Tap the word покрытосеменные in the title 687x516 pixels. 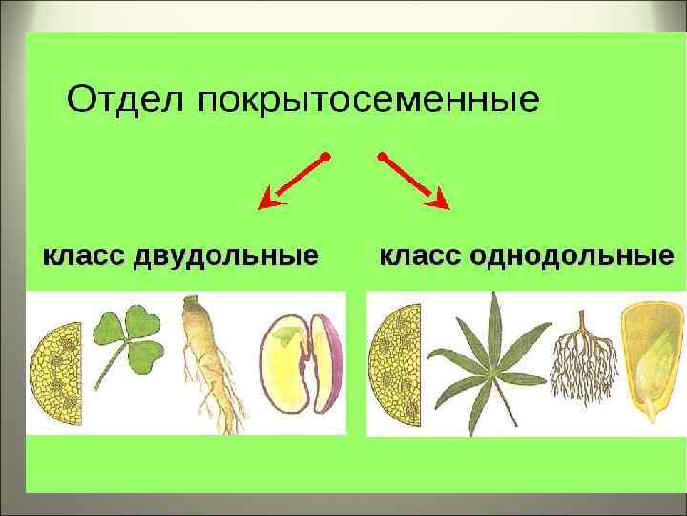click(x=369, y=101)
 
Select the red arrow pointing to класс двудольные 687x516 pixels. click(x=294, y=181)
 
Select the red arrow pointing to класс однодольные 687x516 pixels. click(x=413, y=182)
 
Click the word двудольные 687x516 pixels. click(x=225, y=256)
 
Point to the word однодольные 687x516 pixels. click(x=572, y=256)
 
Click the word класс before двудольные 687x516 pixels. click(x=84, y=257)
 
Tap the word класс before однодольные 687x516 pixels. click(x=421, y=257)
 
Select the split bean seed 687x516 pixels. click(x=301, y=363)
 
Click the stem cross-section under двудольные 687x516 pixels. click(x=55, y=374)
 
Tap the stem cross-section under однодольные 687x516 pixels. click(x=395, y=365)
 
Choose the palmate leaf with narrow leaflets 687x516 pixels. click(x=489, y=364)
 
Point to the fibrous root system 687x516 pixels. click(x=584, y=359)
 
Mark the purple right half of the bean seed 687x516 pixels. click(x=325, y=363)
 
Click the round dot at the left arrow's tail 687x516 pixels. click(x=325, y=157)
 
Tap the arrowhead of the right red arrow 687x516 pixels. click(x=438, y=200)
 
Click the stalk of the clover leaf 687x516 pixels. click(x=107, y=368)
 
